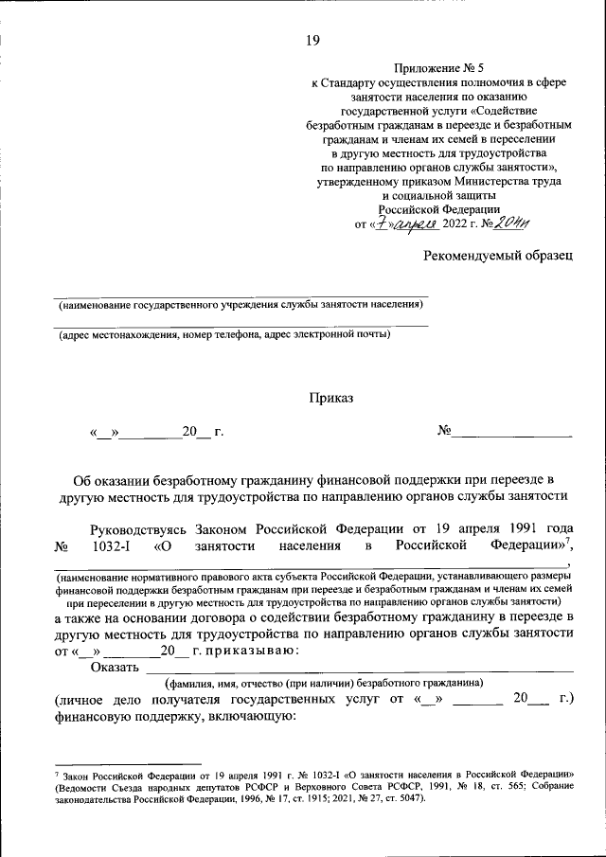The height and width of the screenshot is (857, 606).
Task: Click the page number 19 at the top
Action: [x=313, y=40]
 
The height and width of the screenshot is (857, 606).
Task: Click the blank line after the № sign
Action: [x=511, y=433]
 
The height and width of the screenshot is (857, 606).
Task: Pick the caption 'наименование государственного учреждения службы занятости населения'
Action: [x=239, y=306]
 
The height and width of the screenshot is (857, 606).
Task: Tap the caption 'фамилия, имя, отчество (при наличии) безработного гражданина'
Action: [x=324, y=683]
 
